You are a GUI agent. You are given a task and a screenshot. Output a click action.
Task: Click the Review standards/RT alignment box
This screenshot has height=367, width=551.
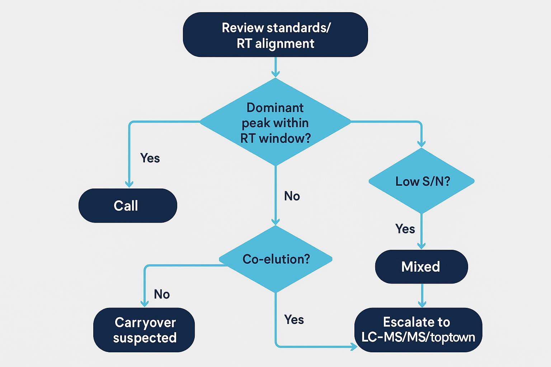275,35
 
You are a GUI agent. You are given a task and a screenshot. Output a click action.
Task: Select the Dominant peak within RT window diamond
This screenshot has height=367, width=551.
275,122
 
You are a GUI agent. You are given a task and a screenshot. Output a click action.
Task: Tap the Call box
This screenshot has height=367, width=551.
127,206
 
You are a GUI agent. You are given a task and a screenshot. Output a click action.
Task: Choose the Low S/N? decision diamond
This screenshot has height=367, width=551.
422,181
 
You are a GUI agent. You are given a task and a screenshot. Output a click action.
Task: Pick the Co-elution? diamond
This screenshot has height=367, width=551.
275,259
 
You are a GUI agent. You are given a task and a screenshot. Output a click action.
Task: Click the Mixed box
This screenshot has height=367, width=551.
421,267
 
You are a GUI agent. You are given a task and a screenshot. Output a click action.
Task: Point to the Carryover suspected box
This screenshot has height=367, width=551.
144,330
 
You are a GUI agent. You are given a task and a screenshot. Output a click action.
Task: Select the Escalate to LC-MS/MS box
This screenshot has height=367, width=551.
418,330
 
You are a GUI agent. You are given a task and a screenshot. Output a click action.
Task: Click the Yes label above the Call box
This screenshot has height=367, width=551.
150,158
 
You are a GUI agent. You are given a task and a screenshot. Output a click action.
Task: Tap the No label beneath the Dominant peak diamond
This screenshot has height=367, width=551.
292,196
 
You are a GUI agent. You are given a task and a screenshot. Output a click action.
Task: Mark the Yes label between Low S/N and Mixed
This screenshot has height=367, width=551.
405,229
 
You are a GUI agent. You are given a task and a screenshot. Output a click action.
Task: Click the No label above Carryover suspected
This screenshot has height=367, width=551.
161,294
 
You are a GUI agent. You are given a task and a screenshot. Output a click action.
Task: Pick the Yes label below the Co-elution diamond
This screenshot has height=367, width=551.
294,319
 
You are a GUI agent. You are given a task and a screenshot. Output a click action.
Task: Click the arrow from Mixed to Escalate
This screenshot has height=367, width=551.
422,295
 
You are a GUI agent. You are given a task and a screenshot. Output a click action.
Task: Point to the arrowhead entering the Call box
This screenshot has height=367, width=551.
129,184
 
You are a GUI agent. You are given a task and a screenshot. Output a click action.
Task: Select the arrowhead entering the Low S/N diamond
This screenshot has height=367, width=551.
422,143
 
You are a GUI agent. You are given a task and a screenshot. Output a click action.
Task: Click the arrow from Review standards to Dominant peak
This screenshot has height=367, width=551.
275,67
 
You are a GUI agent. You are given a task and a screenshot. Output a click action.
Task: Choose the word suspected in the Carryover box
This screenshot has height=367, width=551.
145,338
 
